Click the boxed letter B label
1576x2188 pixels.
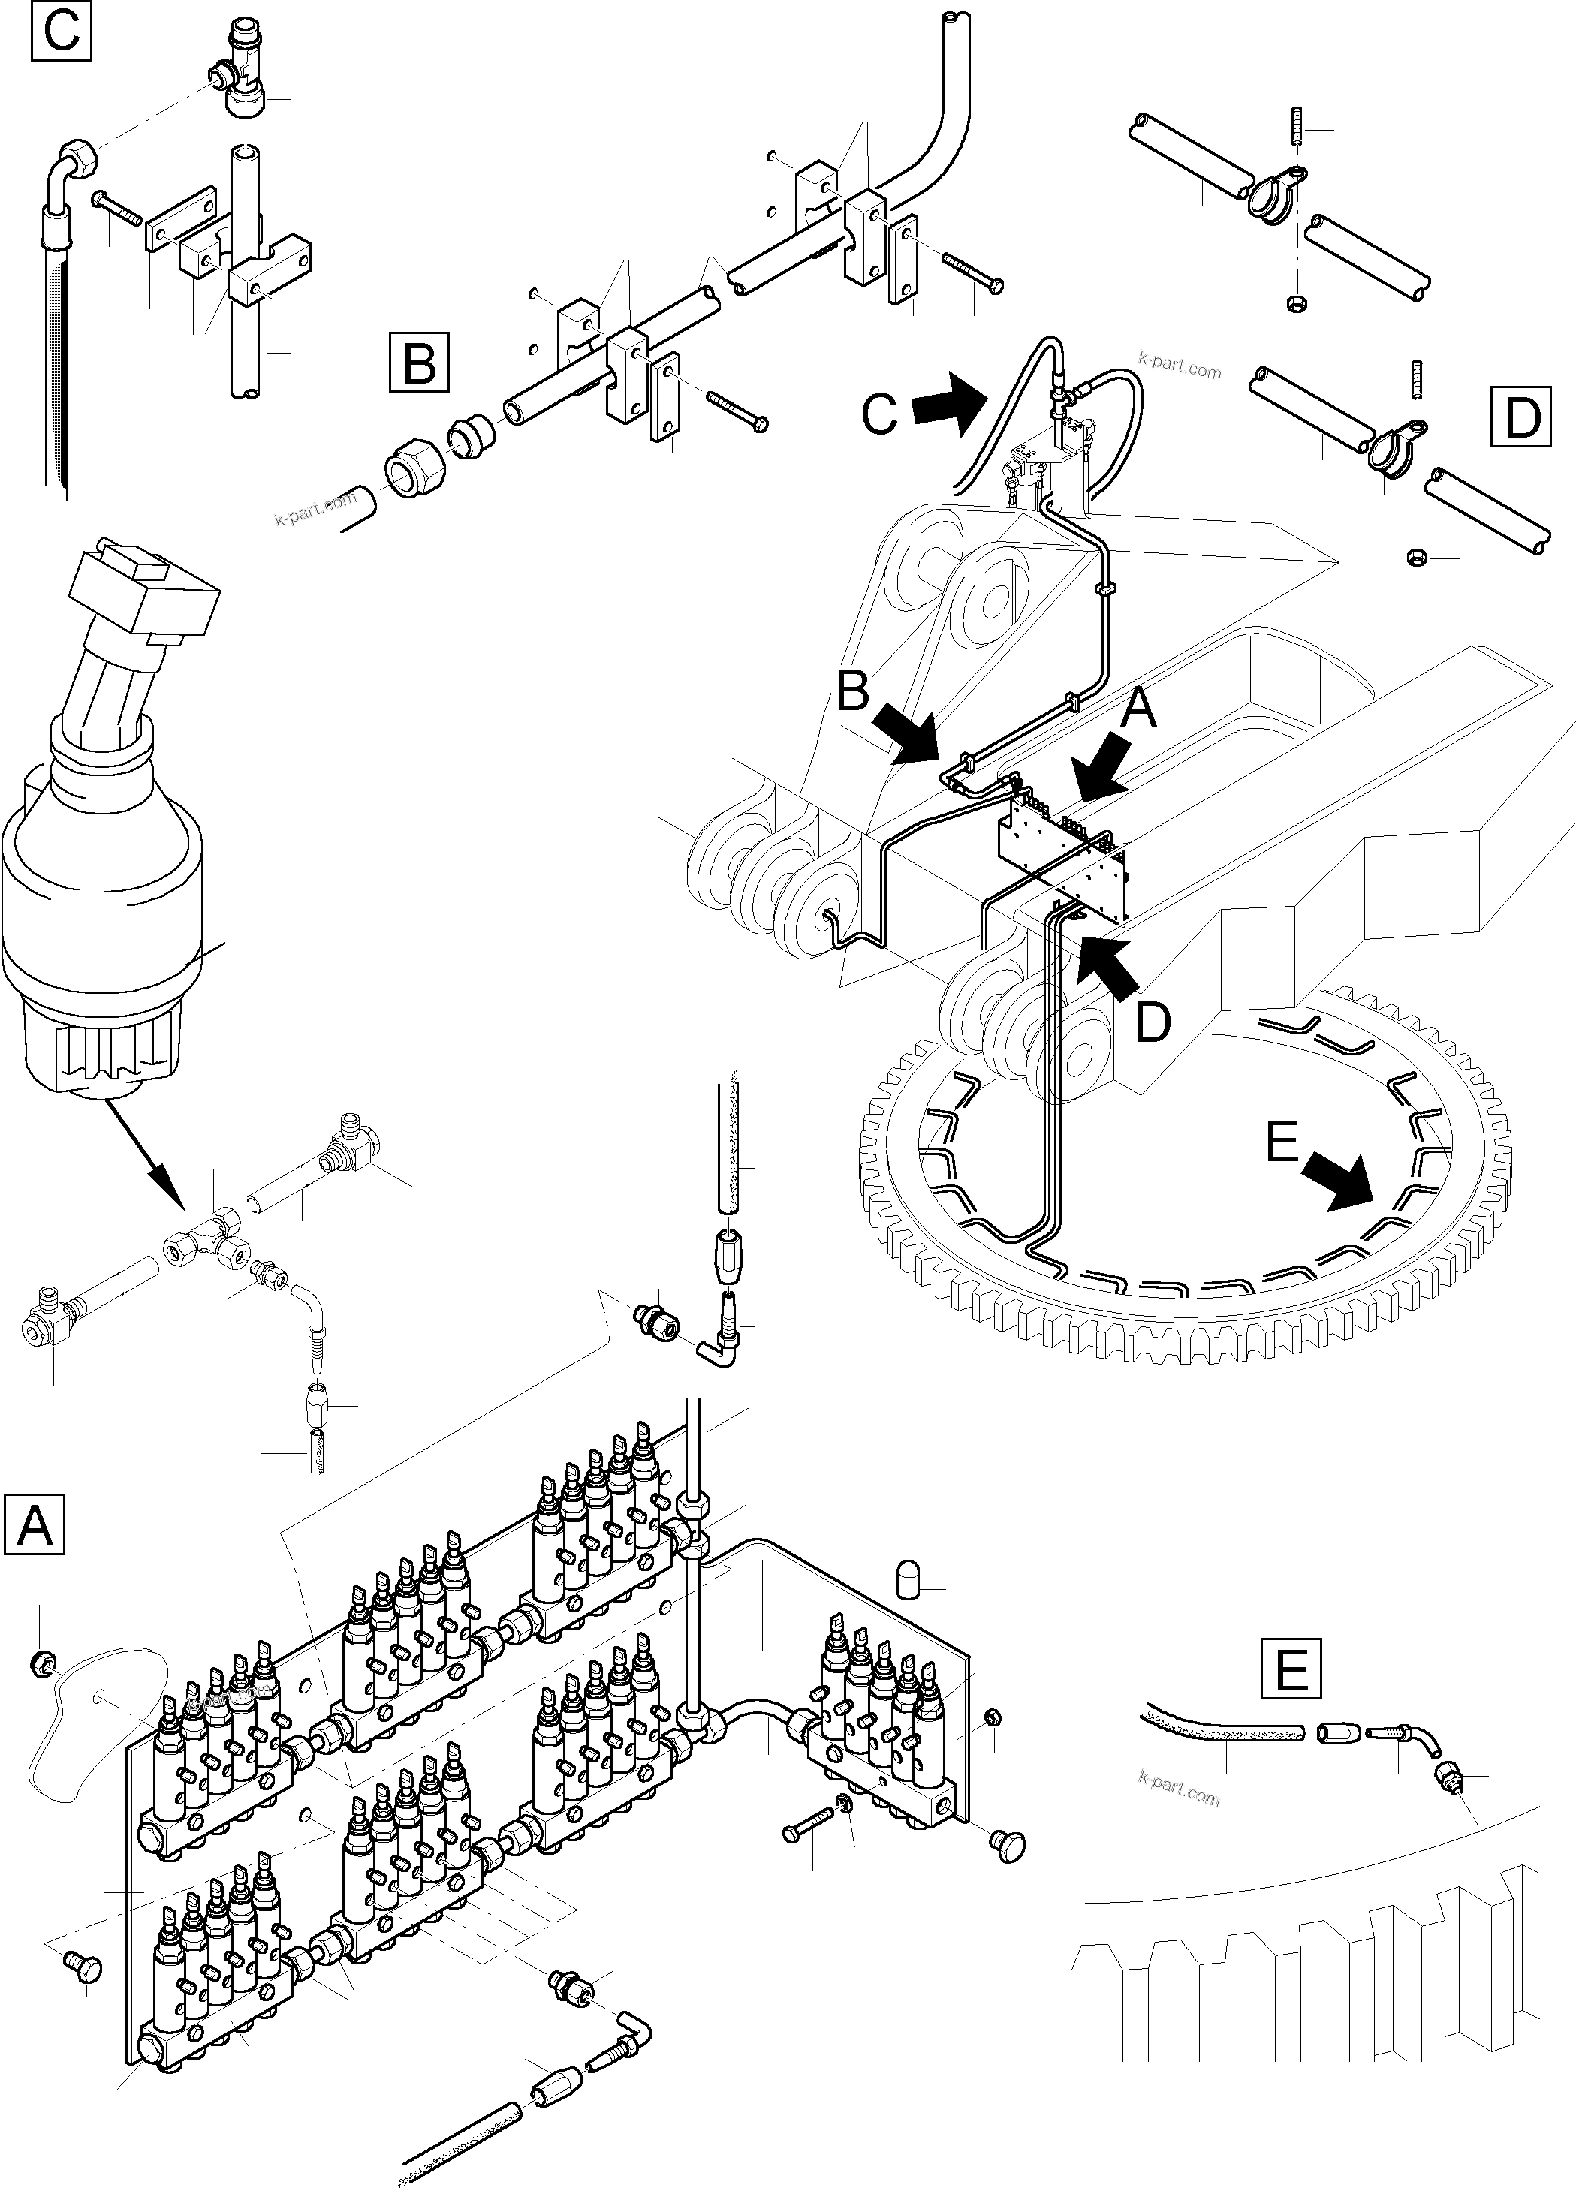coord(419,362)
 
